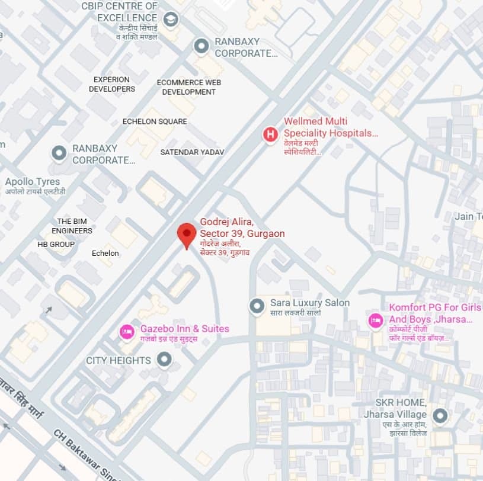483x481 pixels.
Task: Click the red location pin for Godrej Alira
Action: [187, 234]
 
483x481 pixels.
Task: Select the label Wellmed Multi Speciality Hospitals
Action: [330, 127]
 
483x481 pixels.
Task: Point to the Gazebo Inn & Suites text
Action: [184, 329]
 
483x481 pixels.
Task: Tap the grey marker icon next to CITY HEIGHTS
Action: [164, 360]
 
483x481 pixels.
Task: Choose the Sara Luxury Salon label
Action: [310, 303]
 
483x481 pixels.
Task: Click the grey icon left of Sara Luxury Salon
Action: [257, 306]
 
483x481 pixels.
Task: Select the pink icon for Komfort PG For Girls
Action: [375, 320]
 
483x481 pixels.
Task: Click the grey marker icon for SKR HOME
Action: [439, 416]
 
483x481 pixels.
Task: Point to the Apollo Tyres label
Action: [33, 181]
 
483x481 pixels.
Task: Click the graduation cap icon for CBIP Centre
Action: [171, 20]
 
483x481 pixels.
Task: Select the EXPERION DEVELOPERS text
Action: [112, 84]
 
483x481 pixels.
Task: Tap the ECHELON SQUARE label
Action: [155, 121]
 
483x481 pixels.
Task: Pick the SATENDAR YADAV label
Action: [192, 152]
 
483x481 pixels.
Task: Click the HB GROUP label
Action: [56, 244]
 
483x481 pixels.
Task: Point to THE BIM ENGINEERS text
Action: [72, 226]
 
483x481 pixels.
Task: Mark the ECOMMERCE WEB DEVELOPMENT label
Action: [189, 87]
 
